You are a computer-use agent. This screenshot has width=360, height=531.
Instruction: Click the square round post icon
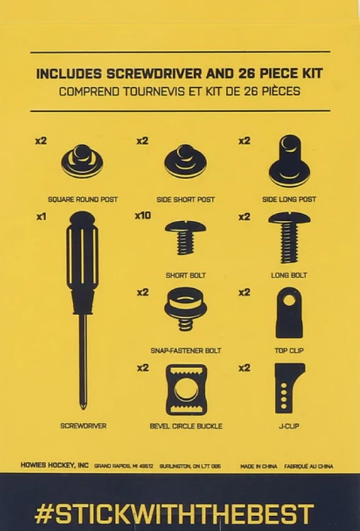(82, 161)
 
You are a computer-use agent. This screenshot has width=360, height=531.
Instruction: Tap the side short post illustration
(186, 161)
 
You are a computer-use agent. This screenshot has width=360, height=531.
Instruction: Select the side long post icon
(289, 161)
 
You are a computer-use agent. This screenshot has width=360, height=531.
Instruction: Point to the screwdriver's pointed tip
(83, 407)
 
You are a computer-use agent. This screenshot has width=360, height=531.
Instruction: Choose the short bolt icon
(186, 237)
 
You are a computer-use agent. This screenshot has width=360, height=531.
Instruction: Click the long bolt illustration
(289, 237)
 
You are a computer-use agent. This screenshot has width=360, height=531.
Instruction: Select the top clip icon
(289, 312)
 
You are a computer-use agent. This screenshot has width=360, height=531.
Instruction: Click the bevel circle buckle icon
(186, 389)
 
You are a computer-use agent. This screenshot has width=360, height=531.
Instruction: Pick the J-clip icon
(289, 388)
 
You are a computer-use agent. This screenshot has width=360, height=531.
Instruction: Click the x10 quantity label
(142, 215)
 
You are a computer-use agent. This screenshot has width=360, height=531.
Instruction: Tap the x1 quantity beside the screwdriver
(41, 217)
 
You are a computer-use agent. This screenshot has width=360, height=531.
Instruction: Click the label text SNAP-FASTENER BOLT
(186, 351)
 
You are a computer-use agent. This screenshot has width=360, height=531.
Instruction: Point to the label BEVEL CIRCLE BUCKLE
(186, 426)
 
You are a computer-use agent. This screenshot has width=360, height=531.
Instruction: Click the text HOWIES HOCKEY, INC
(55, 465)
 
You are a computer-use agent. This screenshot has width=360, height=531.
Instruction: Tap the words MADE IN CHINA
(259, 467)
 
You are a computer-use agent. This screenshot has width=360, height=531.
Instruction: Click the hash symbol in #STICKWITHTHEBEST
(44, 514)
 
